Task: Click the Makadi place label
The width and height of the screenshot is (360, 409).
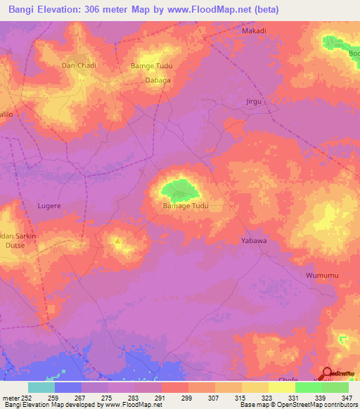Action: pos(254,32)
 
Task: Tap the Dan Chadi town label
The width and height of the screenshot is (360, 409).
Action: pos(79,65)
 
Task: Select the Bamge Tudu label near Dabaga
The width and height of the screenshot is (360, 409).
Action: pos(151,66)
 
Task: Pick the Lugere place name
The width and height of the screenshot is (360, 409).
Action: pos(49,206)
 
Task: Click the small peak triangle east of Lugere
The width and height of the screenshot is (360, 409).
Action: pos(118,242)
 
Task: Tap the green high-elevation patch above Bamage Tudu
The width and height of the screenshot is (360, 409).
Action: pos(179,188)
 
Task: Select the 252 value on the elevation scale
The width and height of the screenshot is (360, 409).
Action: pos(27,398)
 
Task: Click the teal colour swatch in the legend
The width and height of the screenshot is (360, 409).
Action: pos(41,387)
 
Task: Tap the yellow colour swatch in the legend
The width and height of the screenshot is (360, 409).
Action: pos(281,387)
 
